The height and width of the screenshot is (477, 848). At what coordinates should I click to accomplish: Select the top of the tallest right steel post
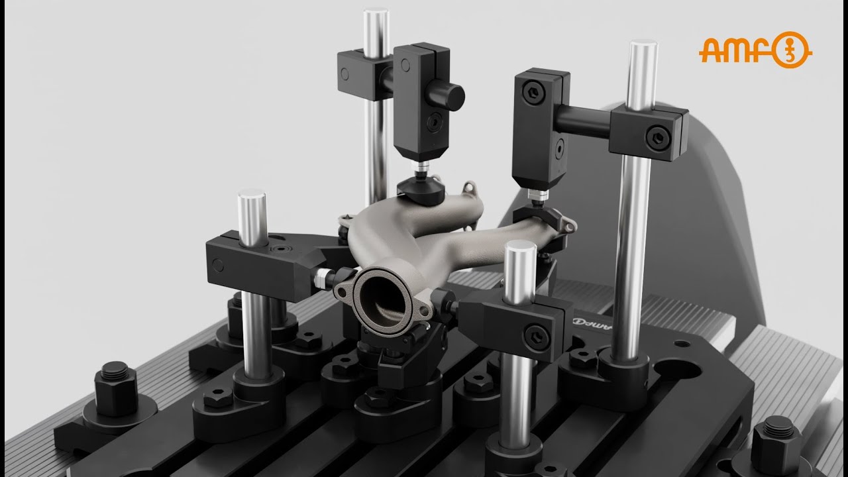point(643,48)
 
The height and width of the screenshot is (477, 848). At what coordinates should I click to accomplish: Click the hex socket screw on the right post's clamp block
point(657,138)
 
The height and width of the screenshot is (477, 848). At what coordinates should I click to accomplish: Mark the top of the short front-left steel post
point(252,197)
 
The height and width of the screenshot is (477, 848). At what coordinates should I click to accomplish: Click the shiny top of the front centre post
point(519,250)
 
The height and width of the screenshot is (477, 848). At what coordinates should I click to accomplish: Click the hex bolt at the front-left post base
point(217,399)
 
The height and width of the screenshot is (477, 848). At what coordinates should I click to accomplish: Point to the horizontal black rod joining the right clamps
point(583,122)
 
